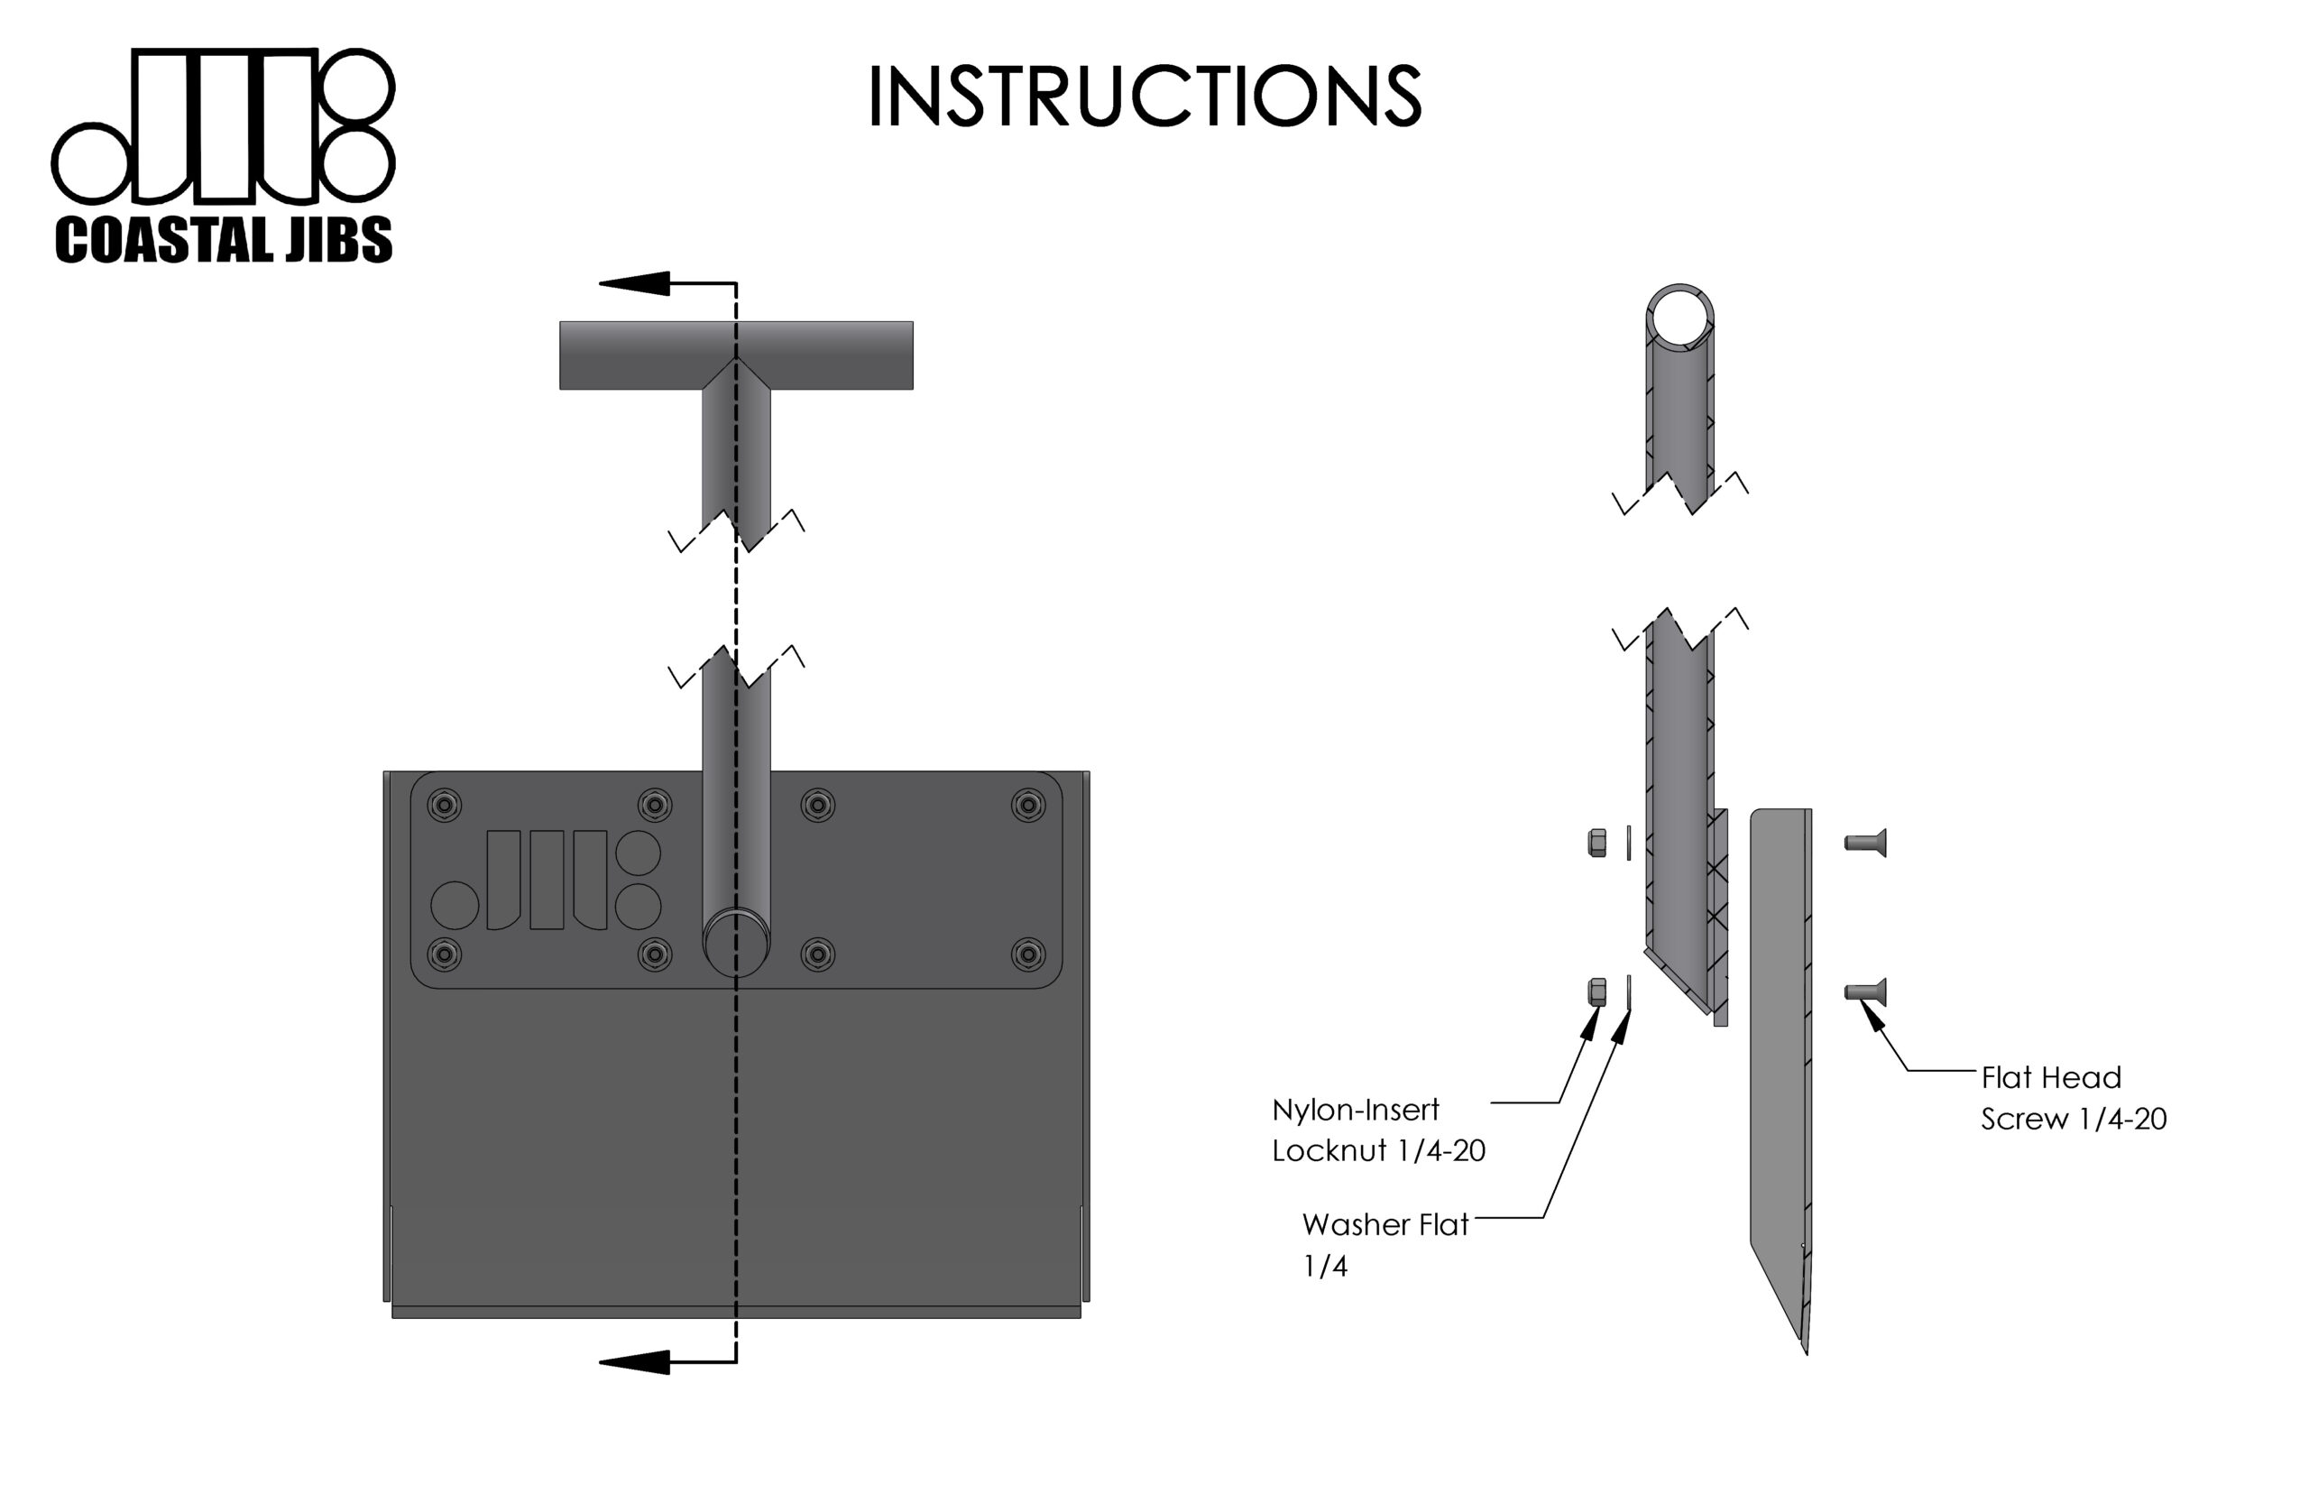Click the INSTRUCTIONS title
tap(1145, 97)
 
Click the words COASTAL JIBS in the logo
tap(224, 240)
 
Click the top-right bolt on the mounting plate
tap(1028, 804)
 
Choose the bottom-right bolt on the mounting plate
tap(1028, 954)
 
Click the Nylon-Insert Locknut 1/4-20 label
tap(1378, 1130)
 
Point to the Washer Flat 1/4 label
tap(1384, 1245)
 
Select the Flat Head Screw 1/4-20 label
tap(2073, 1097)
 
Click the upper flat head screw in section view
tap(1865, 843)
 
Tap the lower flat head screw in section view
tap(1865, 991)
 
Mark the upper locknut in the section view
tap(1596, 843)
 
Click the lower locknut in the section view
tap(1596, 991)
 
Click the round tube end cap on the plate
tap(735, 942)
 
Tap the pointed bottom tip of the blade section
tap(1805, 1349)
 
